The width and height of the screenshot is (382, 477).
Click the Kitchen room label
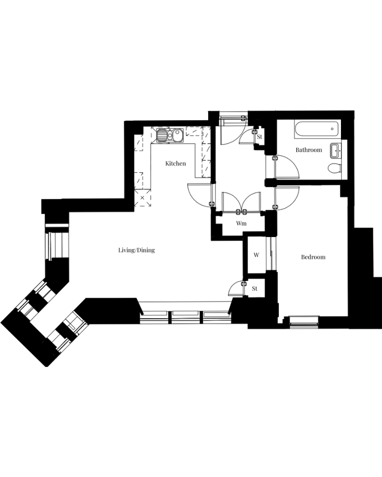tap(175, 163)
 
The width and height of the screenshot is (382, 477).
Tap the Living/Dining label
tap(137, 250)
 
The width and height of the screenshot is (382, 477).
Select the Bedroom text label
tap(313, 257)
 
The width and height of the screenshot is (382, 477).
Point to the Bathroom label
tap(308, 150)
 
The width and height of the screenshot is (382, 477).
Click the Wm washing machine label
tap(241, 223)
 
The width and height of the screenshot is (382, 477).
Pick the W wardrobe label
tap(256, 255)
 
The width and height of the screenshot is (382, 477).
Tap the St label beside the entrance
tap(259, 137)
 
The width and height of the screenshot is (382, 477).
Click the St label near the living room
tap(255, 289)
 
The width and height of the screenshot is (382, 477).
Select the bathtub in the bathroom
tap(317, 129)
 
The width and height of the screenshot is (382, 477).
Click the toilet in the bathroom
tap(334, 167)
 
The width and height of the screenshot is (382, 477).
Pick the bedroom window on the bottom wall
tap(304, 321)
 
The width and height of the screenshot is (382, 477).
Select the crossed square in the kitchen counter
tap(143, 198)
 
